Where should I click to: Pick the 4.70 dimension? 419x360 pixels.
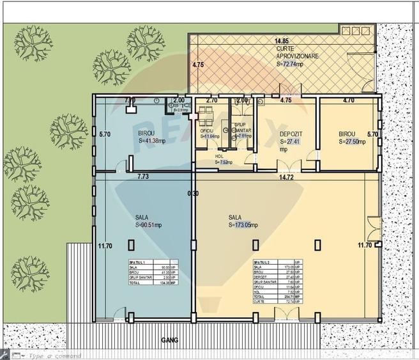point(349,100)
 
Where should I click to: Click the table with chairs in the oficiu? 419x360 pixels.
point(206,117)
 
